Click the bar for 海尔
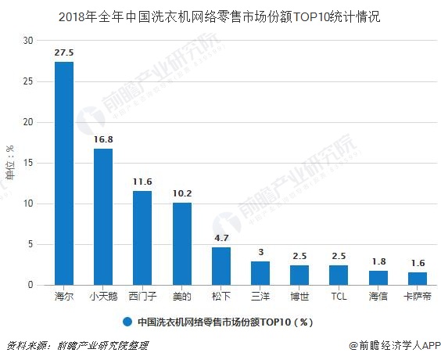tap(64, 174)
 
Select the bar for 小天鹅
tap(103, 217)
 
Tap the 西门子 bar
tap(142, 238)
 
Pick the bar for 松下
tap(221, 266)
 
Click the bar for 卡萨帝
tap(418, 279)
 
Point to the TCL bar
tap(339, 275)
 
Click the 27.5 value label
tap(64, 52)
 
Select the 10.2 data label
tap(181, 193)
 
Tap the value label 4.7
tap(221, 237)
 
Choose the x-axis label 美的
tap(181, 297)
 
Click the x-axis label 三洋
tap(260, 297)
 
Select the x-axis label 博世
tap(299, 297)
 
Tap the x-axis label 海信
tap(378, 297)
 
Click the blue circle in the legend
tap(127, 321)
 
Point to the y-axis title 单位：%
tap(9, 163)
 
